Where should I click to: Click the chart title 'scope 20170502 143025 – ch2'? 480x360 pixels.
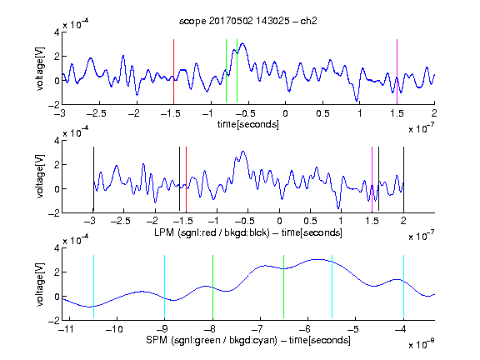247,21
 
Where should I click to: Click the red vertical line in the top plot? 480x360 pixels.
173,72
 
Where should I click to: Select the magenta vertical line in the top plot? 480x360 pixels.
397,72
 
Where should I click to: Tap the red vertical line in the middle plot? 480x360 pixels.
186,179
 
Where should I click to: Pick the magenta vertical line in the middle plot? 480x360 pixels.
372,179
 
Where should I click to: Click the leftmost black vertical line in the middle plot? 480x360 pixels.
93,179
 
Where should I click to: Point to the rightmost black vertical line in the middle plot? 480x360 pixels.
403,179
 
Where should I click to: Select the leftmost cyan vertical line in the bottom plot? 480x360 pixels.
93,287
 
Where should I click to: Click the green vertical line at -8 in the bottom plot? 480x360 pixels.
212,287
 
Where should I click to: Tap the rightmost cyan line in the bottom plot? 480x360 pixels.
403,287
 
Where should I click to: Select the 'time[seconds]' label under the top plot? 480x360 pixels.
248,124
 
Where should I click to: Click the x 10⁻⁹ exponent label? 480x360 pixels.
422,344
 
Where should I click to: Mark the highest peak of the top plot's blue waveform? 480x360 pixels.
242,43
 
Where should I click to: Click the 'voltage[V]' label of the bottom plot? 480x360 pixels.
40,284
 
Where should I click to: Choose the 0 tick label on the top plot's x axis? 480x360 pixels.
285,113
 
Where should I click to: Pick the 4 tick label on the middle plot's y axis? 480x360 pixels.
57,141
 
